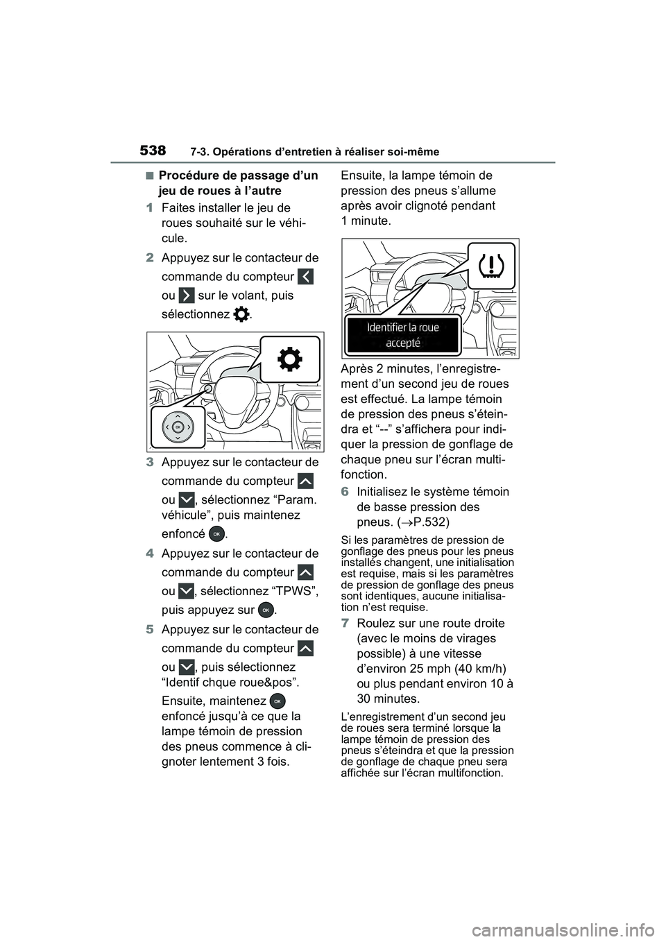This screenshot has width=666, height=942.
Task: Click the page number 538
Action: pos(153,151)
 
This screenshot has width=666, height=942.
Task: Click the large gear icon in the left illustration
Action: pos(289,360)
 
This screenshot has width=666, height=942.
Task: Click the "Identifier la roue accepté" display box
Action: pos(403,334)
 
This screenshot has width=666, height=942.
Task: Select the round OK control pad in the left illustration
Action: pos(178,426)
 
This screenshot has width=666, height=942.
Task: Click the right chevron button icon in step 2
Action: pos(185,296)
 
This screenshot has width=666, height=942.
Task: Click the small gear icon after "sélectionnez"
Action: pos(241,314)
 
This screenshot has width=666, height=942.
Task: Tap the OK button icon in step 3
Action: pos(216,533)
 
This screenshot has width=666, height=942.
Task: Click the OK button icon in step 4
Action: pos(264,609)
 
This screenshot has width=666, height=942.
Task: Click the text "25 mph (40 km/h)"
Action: pos(461,668)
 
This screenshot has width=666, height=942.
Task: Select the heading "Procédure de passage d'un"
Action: pos(239,175)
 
